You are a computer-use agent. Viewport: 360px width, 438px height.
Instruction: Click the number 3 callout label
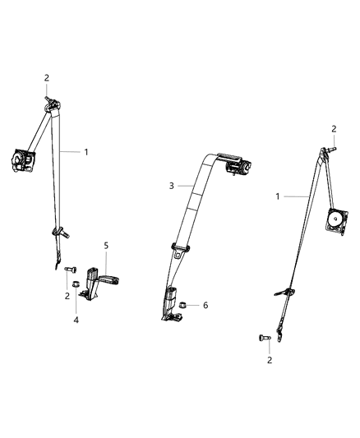coord(171,186)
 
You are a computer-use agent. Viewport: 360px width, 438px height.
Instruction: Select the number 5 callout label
coord(105,244)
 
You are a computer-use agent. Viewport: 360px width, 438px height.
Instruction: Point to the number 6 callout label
coord(205,305)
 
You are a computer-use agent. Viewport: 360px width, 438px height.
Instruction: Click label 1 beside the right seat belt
coord(278,196)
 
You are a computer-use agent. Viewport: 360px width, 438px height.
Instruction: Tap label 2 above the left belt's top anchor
coord(47,78)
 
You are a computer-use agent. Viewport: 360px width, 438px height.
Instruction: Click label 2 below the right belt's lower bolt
coord(270,360)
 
